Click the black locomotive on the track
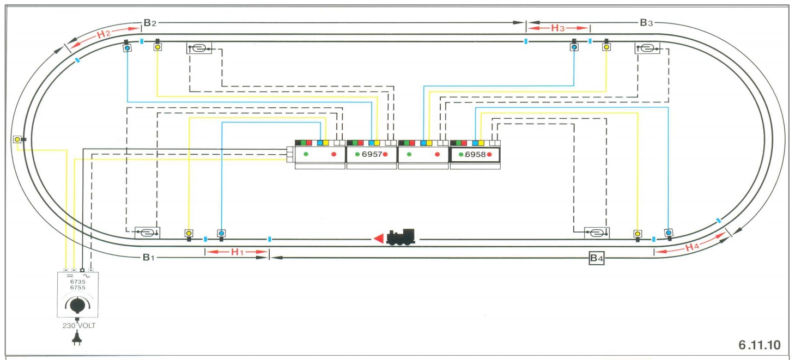(401, 237)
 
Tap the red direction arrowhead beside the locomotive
(378, 239)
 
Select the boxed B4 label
(597, 259)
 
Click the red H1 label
(236, 252)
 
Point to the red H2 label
(104, 34)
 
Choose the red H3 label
(557, 28)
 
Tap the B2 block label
(150, 23)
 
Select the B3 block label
(646, 23)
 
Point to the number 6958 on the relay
(475, 154)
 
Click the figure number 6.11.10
(759, 345)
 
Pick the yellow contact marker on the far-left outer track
(17, 139)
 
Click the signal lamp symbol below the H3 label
(574, 47)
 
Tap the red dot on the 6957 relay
(385, 155)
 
